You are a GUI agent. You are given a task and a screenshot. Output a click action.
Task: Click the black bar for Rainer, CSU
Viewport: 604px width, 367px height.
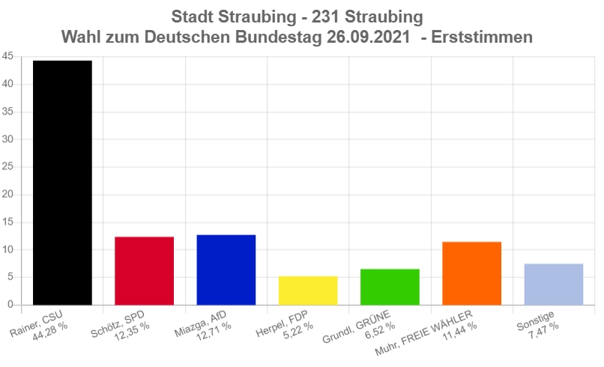click(62, 183)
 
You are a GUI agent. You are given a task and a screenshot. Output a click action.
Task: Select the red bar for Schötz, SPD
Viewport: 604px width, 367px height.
click(144, 270)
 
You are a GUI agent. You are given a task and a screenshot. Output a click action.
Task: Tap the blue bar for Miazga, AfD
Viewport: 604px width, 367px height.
click(226, 270)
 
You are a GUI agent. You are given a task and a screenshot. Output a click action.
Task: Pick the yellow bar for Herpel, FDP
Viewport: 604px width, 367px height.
click(308, 291)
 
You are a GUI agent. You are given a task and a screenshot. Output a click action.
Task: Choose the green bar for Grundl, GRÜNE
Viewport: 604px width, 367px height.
click(390, 287)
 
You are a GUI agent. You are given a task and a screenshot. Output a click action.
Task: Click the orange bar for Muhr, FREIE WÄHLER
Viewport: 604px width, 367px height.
click(471, 273)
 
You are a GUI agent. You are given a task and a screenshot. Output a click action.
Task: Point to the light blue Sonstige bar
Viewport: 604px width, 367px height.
click(554, 284)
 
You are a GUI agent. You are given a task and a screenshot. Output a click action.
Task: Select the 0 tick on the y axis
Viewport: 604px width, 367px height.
click(10, 305)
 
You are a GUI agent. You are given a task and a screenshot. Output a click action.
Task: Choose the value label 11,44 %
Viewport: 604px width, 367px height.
click(461, 333)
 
